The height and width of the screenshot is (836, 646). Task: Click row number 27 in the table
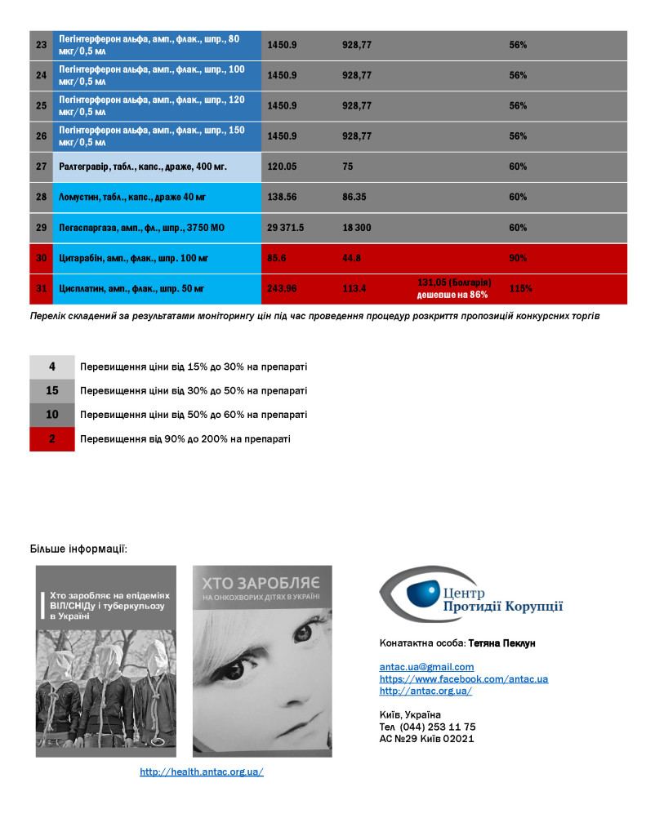pos(41,167)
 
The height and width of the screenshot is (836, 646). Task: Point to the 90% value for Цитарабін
pos(517,259)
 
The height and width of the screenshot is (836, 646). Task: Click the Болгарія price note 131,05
pos(453,282)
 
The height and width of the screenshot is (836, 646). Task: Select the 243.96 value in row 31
pos(283,289)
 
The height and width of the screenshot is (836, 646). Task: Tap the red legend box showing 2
pos(52,439)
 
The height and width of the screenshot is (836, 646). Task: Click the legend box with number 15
pos(52,391)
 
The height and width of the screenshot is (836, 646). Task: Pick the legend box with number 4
pos(52,367)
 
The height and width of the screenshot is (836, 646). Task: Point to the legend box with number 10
pos(52,415)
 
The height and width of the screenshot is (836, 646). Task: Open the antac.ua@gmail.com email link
pos(426,667)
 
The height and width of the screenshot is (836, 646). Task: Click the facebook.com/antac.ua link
pos(463,679)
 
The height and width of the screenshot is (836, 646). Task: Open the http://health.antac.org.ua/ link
pos(202,772)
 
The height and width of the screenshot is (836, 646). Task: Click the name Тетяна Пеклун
pos(501,643)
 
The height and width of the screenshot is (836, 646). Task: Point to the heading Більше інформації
pos(78,547)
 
